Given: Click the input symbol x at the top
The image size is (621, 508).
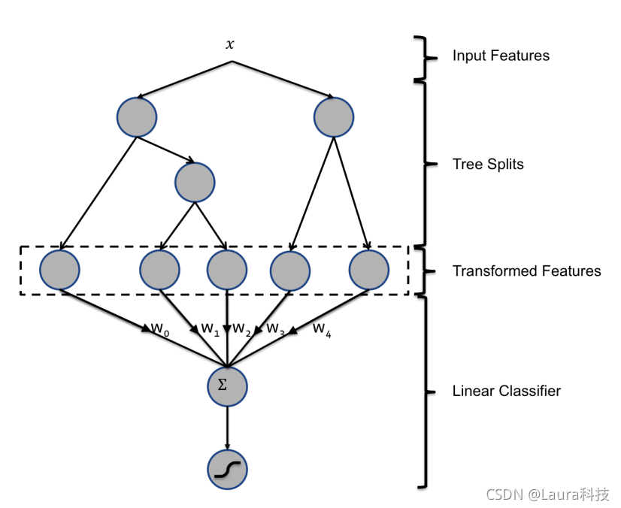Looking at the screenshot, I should click(230, 44).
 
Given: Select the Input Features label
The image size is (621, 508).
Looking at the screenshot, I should click(500, 56).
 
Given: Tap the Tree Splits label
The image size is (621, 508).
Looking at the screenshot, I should click(488, 164).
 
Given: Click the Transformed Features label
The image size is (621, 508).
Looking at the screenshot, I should click(526, 271).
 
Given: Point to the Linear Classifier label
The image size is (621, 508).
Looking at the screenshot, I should click(506, 391).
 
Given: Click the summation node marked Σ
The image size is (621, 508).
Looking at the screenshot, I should click(227, 386).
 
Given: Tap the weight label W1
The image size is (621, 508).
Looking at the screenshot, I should click(210, 329).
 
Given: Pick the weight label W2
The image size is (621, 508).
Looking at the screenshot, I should click(241, 329).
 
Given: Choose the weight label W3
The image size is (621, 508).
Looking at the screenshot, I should click(276, 329).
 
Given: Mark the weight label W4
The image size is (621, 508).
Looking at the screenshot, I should click(322, 328).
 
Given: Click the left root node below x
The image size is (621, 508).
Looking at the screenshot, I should click(137, 117).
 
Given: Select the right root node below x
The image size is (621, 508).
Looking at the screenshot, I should click(334, 117).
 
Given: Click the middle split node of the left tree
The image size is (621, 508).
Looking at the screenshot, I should click(195, 182).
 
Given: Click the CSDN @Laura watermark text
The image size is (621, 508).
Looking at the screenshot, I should click(547, 494).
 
